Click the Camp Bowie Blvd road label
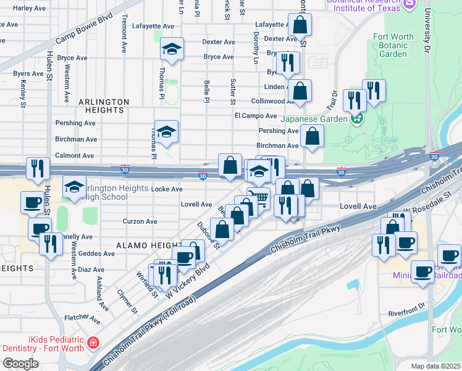coord(84,28)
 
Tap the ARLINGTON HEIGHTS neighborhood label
coord(104,106)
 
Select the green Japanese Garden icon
coord(356,119)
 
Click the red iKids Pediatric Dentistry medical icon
coord(93,342)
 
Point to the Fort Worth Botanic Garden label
coord(393,45)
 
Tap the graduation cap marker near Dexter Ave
coord(172,49)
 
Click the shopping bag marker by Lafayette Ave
coord(300,25)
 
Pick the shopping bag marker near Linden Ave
coord(300,90)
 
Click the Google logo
coord(21,364)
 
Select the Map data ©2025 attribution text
coord(435,366)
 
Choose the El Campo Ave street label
coord(255,116)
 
